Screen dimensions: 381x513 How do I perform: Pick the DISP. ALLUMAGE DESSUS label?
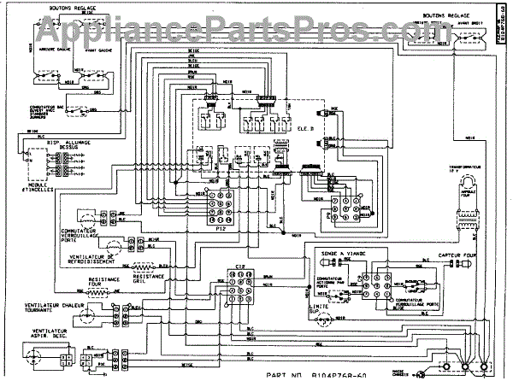click(x=68, y=143)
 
